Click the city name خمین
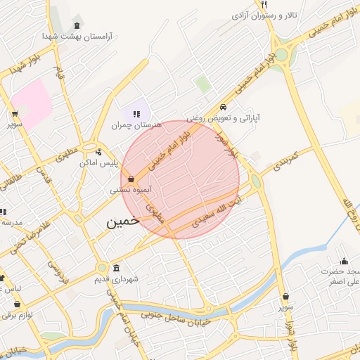123,222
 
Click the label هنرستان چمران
136,124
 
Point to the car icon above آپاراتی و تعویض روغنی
223,108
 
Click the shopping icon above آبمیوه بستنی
132,179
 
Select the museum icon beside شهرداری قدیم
116,268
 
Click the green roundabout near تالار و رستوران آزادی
281,54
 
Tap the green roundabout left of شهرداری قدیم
102,268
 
